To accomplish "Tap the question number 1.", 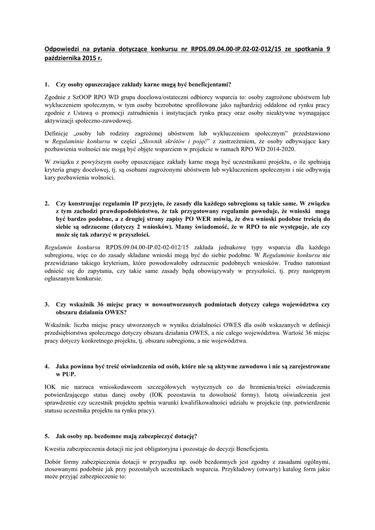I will tap(47, 84).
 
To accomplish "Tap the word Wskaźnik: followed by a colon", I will tap(60, 325).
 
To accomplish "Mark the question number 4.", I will tap(47, 366).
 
